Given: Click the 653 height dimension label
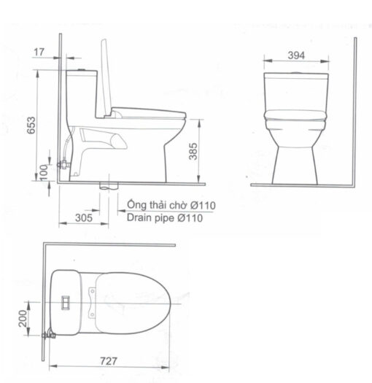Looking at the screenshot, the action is (31, 125).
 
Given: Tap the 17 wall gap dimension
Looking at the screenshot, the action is (39, 52).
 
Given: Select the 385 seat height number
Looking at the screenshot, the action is (193, 151).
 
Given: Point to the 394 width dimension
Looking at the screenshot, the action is (296, 55).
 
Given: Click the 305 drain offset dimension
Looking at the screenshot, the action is (84, 217).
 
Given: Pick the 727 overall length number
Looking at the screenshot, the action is (109, 361).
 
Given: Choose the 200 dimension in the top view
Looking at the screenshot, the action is (23, 319).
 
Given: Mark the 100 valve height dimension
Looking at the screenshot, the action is (44, 173).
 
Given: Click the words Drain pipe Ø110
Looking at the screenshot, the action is (165, 217).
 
